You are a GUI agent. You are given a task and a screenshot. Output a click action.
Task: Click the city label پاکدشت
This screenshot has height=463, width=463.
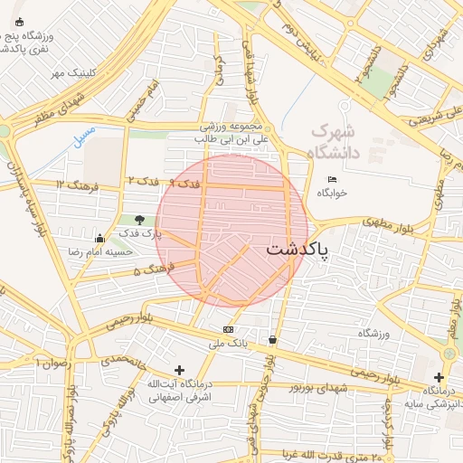point(298,250)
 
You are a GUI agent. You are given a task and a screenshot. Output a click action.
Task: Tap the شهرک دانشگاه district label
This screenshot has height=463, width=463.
point(334,141)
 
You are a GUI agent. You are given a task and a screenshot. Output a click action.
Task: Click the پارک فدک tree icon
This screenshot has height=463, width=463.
point(139,219)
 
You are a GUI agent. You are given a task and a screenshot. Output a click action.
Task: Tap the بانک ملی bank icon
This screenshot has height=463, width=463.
point(228,329)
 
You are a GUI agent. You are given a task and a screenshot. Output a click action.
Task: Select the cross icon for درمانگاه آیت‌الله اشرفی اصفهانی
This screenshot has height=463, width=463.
point(179,370)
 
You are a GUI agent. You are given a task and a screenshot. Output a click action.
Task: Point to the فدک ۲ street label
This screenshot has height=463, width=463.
point(145,181)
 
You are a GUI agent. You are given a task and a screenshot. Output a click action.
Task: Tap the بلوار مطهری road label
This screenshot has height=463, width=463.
point(390,221)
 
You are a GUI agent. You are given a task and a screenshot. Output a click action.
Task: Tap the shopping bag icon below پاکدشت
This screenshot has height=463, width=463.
point(272,340)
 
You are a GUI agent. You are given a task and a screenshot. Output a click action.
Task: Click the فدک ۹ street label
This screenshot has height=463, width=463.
point(185,184)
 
